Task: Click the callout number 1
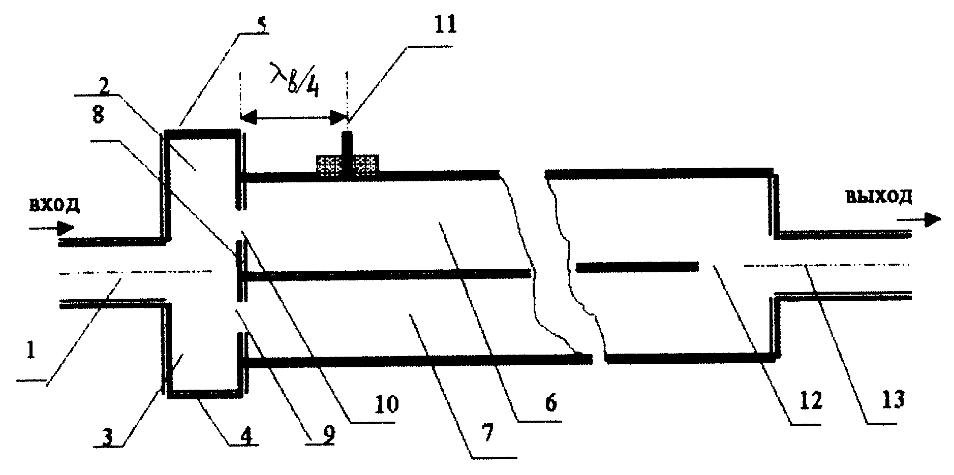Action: coord(30,350)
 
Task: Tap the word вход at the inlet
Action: coord(54,205)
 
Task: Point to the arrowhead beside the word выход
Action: coord(932,219)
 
